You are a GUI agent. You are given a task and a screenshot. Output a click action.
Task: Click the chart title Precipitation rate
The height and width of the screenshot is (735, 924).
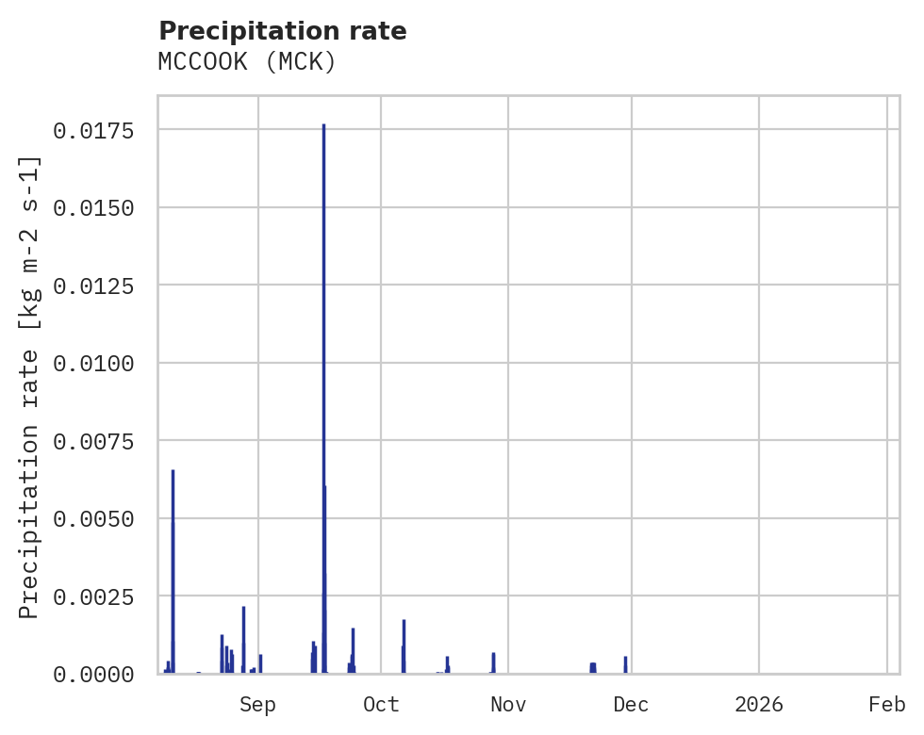click(282, 31)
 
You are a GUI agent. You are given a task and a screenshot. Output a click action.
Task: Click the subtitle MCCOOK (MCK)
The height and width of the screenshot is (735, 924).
click(247, 62)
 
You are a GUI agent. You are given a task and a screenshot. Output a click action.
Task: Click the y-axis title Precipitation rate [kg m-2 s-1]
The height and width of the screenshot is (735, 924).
click(29, 387)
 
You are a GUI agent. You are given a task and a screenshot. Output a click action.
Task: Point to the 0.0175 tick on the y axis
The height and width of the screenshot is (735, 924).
click(92, 130)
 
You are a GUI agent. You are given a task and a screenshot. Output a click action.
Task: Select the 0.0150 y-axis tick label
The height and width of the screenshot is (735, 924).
click(92, 207)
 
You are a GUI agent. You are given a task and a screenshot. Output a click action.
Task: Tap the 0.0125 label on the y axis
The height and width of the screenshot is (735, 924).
click(92, 286)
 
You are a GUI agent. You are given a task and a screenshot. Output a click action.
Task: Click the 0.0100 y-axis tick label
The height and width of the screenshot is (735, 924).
click(92, 364)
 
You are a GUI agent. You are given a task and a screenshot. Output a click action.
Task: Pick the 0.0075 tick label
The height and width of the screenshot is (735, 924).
click(92, 441)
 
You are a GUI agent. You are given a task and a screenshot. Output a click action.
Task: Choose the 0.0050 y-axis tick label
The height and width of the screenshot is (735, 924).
click(92, 519)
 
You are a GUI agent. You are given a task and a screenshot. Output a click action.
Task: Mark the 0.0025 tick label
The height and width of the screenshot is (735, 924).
click(92, 596)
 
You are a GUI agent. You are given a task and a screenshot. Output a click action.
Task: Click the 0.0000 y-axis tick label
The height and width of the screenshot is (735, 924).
click(92, 675)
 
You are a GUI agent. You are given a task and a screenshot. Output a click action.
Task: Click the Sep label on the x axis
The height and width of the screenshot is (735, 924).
click(257, 705)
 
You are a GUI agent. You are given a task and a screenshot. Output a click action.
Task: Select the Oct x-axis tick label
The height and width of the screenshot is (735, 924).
click(381, 705)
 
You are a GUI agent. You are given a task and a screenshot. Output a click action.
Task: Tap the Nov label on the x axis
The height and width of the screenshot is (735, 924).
click(508, 705)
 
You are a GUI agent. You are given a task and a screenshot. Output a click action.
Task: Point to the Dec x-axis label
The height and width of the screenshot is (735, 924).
click(631, 705)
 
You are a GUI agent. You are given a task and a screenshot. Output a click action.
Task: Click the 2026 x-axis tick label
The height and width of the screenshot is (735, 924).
click(759, 705)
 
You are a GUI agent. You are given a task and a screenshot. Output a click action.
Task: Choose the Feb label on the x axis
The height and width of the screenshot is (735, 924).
click(887, 705)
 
